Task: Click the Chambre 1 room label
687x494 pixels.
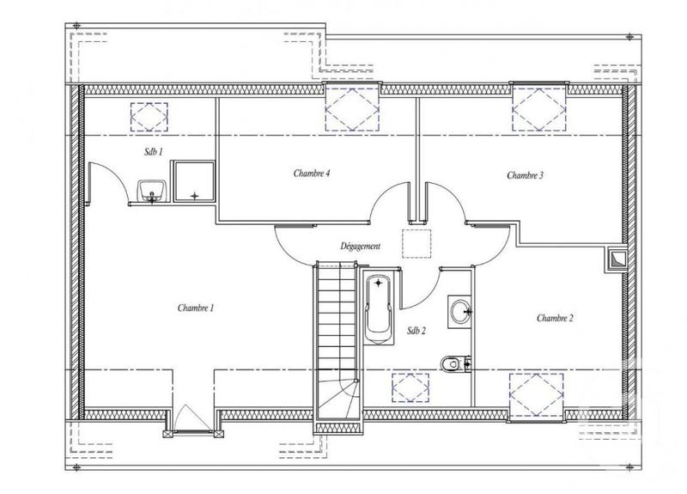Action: pyautogui.click(x=195, y=308)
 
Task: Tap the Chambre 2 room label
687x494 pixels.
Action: pyautogui.click(x=555, y=318)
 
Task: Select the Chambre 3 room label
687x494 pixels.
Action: pyautogui.click(x=525, y=175)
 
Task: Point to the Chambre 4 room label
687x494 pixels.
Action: pyautogui.click(x=312, y=173)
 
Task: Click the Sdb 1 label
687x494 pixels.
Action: pyautogui.click(x=154, y=150)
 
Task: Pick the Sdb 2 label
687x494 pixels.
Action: pyautogui.click(x=416, y=331)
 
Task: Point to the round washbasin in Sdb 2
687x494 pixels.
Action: pyautogui.click(x=459, y=308)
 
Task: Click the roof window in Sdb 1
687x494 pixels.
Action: pyautogui.click(x=149, y=115)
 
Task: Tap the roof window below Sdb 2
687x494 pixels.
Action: pyautogui.click(x=411, y=387)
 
